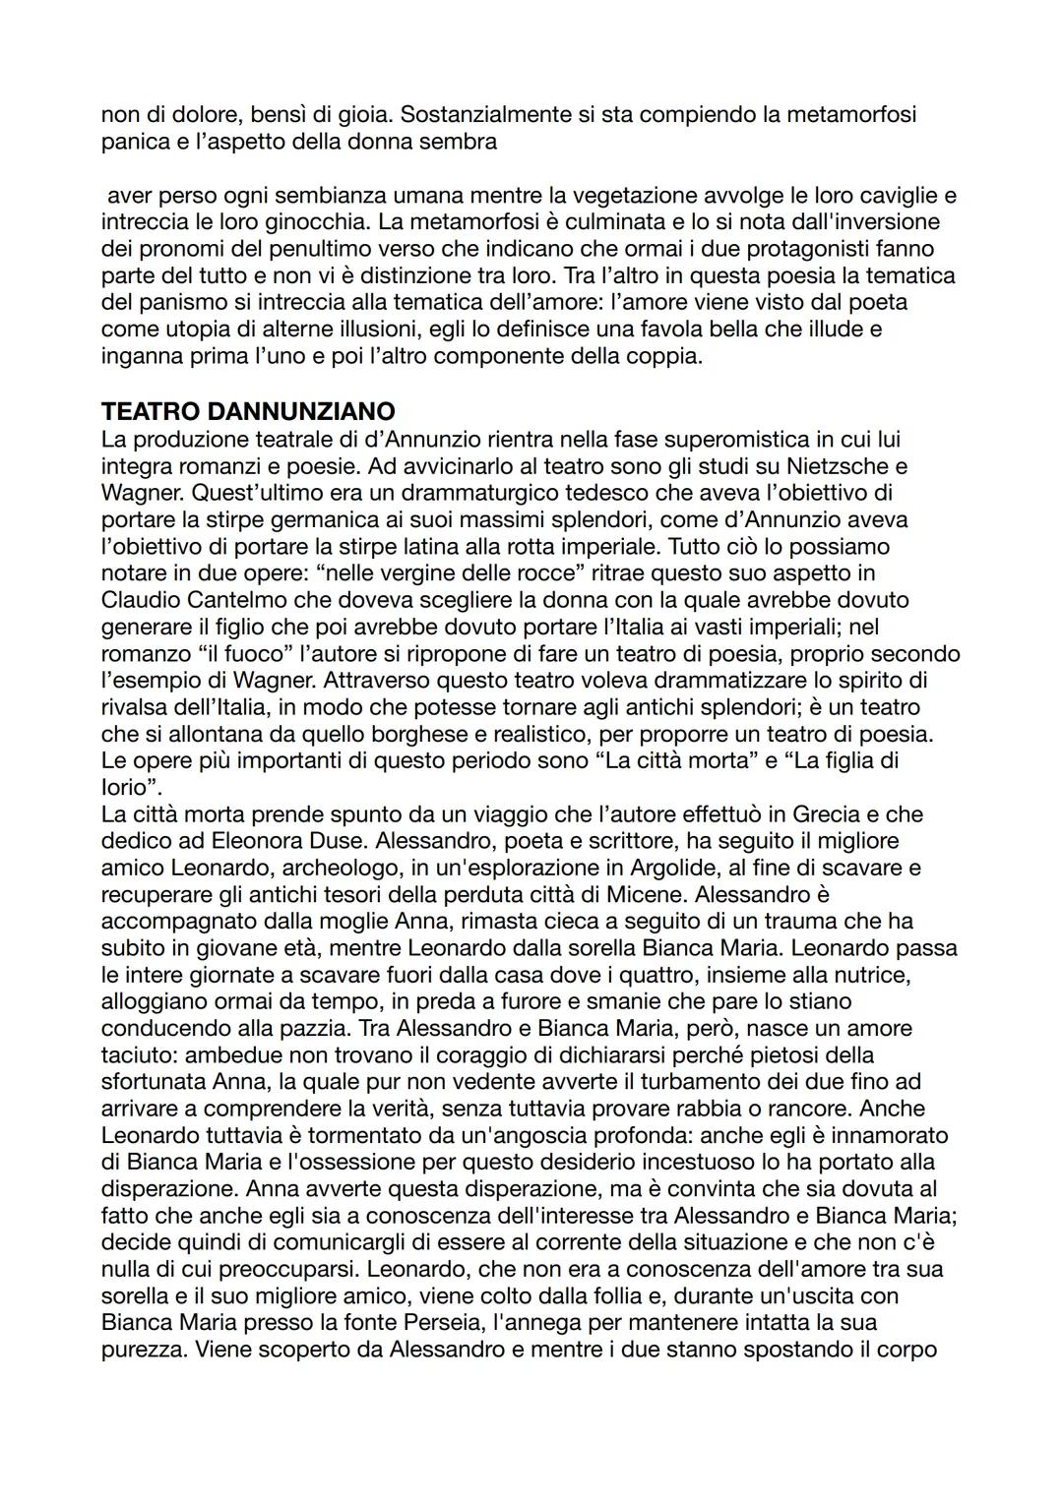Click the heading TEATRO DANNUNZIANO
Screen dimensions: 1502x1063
click(248, 411)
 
